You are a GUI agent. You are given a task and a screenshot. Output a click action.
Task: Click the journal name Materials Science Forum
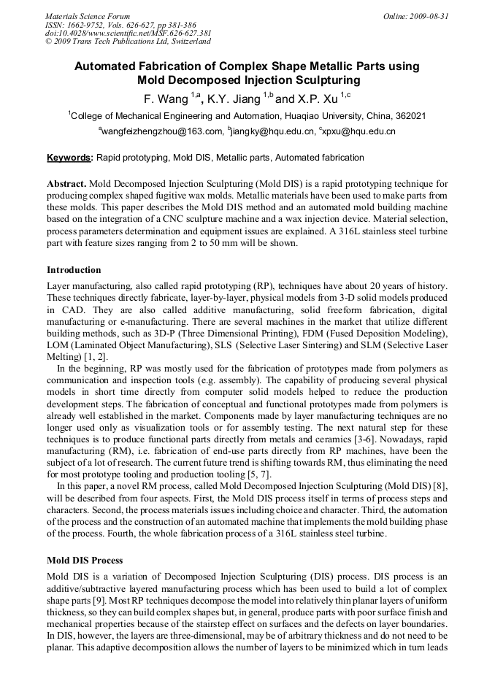88,16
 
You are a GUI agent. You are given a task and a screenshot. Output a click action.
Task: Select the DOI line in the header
128,34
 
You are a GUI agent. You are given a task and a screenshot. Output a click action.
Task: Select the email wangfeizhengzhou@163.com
161,131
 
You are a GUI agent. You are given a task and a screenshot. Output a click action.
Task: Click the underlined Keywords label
70,158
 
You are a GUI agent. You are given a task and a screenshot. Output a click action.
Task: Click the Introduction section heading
74,270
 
